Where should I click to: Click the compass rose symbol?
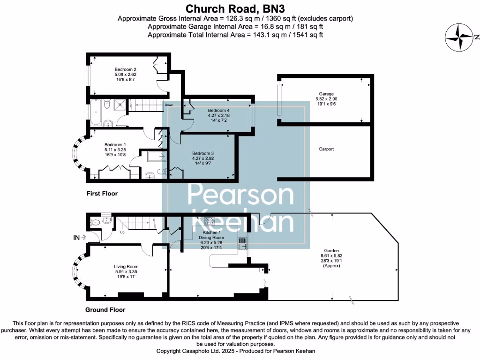459,38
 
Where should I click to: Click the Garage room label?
326,94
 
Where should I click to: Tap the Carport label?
326,149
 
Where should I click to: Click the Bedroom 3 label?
203,153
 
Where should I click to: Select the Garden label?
331,251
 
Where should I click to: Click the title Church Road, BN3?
235,8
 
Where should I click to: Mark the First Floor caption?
102,193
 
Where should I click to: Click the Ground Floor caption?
105,310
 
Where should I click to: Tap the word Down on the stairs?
169,105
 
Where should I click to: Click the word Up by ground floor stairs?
123,232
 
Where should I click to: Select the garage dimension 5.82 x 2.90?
326,100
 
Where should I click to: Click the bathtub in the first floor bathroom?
96,113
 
